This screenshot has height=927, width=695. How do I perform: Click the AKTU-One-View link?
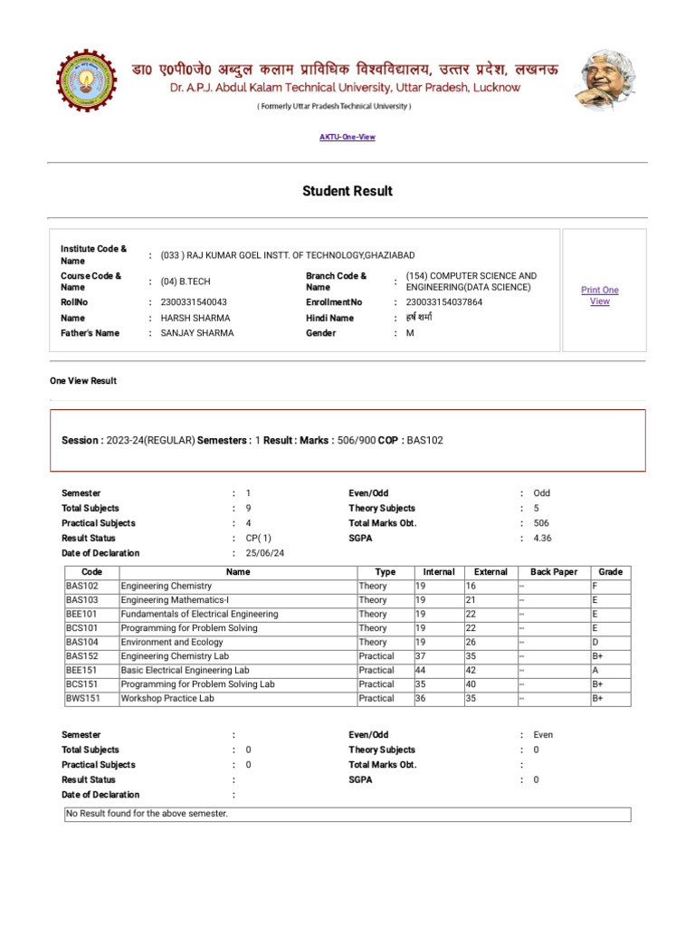pos(347,137)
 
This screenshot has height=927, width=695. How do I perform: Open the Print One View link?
pos(600,296)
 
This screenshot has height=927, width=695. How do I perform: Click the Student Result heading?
pos(347,191)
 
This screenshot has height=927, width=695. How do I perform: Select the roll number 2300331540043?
pos(194,302)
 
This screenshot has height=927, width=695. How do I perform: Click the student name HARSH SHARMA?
pos(195,318)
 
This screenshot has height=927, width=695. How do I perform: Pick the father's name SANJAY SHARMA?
pos(197,333)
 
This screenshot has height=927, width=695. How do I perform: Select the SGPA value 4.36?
pos(542,538)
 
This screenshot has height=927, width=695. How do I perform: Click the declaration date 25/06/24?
pos(265,553)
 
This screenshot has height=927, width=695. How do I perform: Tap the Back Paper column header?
pos(554,572)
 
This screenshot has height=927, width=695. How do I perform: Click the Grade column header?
pos(611,572)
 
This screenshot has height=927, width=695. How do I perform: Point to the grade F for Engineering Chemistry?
pos(595,586)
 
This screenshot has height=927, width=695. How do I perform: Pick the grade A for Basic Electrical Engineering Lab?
pos(595,670)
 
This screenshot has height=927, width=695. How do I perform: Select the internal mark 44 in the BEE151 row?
pos(421,670)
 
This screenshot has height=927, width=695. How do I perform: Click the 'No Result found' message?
pos(148,814)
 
